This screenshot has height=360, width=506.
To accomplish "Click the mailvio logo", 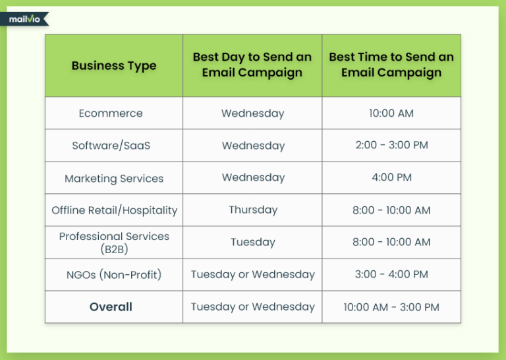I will click(25, 19).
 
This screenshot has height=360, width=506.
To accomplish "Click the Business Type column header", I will click(114, 66).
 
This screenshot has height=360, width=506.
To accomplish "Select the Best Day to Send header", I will click(252, 65).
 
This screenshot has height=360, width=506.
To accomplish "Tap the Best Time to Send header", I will click(391, 65).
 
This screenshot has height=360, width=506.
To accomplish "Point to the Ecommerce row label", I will click(111, 113).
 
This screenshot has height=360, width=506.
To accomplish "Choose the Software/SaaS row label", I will click(111, 146).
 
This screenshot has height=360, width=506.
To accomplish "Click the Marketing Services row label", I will click(114, 178).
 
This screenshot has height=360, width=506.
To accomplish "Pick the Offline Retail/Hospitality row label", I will click(115, 210).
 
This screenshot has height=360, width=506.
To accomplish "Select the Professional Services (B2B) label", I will click(114, 243).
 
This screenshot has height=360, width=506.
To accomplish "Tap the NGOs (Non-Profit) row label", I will click(113, 274).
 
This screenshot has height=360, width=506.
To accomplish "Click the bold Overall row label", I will click(111, 307).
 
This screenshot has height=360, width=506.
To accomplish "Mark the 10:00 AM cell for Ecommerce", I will click(391, 113).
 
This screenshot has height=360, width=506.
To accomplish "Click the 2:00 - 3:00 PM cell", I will click(391, 146).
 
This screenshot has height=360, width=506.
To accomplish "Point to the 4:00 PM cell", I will click(391, 178).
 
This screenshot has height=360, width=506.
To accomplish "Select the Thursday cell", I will click(253, 210).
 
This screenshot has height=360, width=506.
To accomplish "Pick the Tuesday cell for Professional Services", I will click(253, 243).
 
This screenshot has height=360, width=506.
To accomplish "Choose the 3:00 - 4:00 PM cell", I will click(391, 274).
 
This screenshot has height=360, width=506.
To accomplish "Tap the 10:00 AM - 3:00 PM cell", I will click(391, 307).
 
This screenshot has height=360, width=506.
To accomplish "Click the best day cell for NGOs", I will click(253, 274).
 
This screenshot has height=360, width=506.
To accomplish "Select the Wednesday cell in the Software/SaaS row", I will click(253, 146).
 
